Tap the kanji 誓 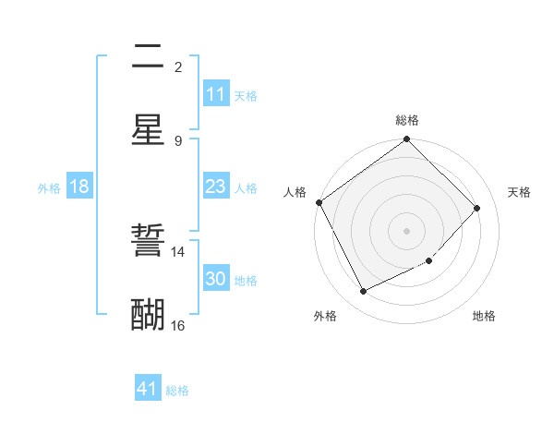point(148,242)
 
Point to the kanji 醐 point(148,315)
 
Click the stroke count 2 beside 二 point(178,66)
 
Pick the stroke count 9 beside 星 point(178,140)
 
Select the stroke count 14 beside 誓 point(177,251)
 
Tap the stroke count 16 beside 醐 point(177,325)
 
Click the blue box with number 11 point(216,94)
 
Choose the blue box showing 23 point(216,187)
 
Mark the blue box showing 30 point(216,279)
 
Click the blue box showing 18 point(79,187)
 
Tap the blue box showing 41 point(148,389)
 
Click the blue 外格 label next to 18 point(49,187)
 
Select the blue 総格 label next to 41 point(177,391)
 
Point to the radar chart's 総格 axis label point(407,120)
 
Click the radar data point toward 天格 point(477,208)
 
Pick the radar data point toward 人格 point(319,202)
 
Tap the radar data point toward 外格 point(363,292)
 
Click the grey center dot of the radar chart point(407,231)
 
